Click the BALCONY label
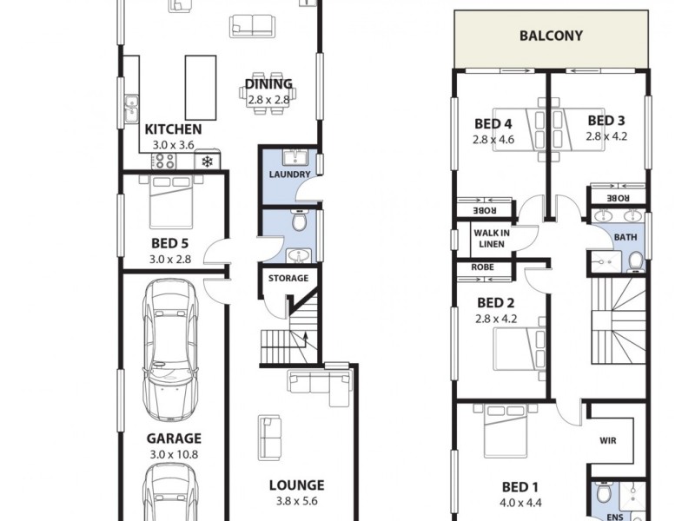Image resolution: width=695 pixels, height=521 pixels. tap(551, 36)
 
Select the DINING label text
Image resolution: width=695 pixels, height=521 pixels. tap(268, 84)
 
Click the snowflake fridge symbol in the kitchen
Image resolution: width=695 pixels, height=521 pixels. tap(208, 161)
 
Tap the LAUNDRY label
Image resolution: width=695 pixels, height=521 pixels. tap(289, 175)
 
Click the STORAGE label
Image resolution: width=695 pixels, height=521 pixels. tap(288, 279)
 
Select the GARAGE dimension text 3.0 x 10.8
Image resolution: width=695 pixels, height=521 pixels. tap(173, 454)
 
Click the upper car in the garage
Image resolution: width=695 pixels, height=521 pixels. tap(172, 347)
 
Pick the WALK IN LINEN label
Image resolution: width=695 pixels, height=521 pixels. tap(492, 238)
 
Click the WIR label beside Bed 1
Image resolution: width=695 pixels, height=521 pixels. tap(608, 440)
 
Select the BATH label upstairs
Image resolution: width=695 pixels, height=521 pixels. tap(625, 236)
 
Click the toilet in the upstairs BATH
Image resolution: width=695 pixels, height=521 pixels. tap(635, 259)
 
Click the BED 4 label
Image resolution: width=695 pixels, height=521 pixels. tap(493, 122)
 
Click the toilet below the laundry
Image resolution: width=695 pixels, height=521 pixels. tap(299, 223)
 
